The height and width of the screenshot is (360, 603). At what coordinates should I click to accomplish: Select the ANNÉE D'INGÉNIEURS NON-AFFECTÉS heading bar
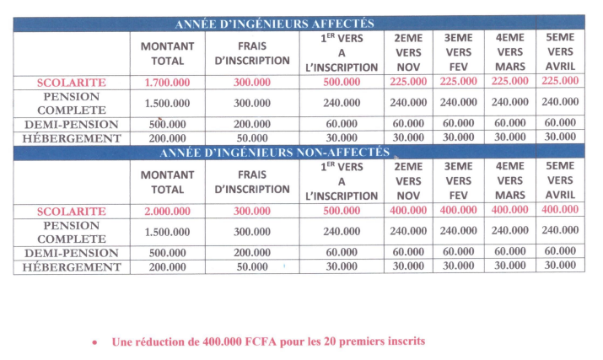274,153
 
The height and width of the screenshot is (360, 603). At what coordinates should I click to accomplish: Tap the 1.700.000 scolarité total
167,82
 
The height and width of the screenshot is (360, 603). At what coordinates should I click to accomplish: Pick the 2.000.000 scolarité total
167,211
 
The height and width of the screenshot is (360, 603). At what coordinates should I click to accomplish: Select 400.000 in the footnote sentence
226,341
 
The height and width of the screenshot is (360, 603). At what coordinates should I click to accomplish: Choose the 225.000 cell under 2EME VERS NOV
408,82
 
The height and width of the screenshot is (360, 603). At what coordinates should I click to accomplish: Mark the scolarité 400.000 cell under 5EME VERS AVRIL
560,211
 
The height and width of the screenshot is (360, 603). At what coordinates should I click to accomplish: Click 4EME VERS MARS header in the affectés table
510,52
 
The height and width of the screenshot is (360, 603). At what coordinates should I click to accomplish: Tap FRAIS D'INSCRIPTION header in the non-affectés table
252,181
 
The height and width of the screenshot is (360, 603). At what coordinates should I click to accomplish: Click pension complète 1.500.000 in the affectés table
167,103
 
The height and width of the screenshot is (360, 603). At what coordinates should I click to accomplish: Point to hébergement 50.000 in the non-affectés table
252,266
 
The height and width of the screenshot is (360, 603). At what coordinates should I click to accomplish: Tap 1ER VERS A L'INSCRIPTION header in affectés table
342,52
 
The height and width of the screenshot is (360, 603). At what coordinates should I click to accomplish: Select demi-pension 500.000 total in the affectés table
167,124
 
